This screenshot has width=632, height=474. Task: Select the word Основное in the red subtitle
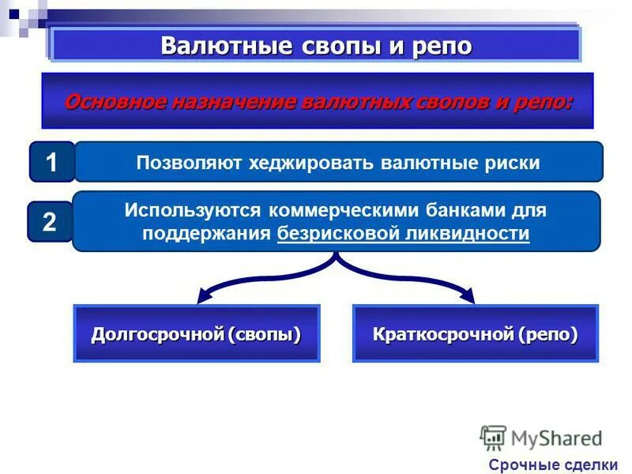coord(111,102)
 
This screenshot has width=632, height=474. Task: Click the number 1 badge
coord(51,163)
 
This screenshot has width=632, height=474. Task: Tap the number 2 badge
coord(49,222)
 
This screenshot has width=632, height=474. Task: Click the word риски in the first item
coord(510,163)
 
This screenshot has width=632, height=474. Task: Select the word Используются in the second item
coord(193,211)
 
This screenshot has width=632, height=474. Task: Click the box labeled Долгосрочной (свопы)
coord(197,333)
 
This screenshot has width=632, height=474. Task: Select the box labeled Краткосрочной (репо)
coord(475,333)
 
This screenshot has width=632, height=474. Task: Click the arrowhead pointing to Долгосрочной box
coord(203,298)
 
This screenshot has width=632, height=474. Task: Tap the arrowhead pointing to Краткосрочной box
coord(468,298)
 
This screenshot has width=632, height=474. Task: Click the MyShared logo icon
coord(494,438)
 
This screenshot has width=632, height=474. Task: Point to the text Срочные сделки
coord(553,465)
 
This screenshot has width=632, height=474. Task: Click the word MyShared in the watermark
coord(557,438)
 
